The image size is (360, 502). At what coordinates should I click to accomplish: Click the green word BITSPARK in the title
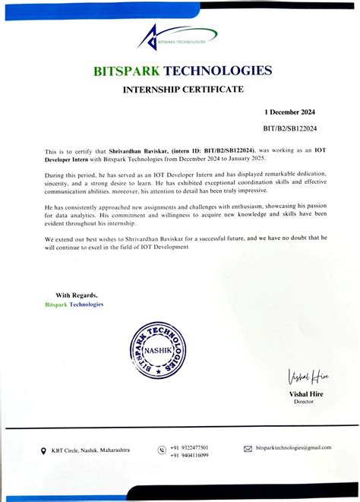coord(127,71)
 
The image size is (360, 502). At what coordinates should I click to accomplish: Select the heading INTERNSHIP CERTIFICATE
coord(183,90)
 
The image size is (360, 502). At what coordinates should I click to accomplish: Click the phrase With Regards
coord(76,295)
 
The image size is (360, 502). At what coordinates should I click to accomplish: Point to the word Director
coord(303,402)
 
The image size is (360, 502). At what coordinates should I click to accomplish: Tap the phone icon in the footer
coord(161,450)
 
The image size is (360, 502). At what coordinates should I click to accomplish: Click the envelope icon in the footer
coord(248,449)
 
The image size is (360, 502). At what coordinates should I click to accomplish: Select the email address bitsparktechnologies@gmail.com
coord(293,447)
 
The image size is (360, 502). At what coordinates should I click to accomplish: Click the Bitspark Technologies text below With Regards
coord(74,304)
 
